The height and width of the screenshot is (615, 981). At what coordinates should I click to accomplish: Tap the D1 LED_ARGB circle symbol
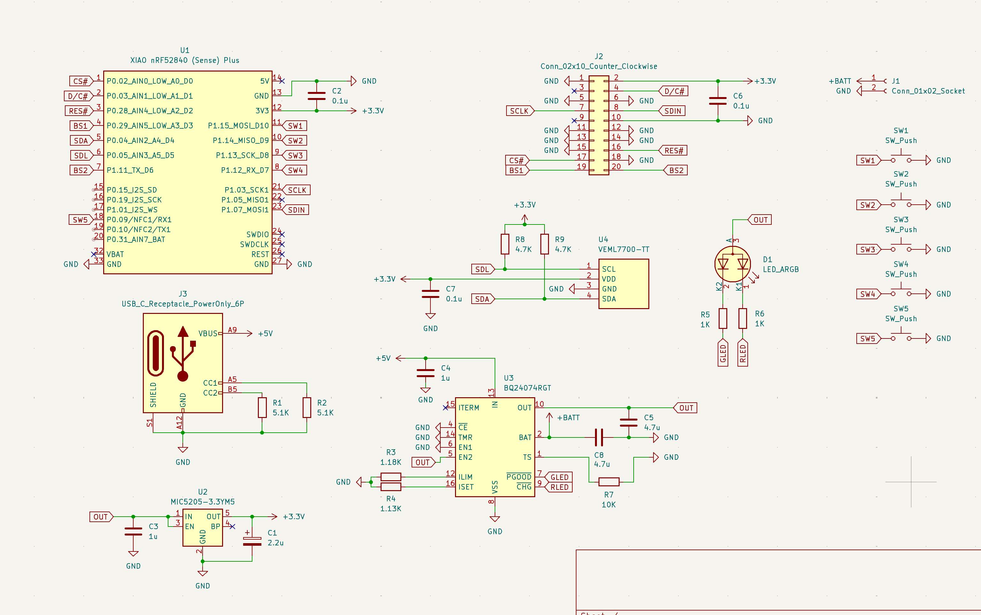pos(732,264)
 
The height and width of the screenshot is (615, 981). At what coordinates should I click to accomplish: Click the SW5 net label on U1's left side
pos(80,220)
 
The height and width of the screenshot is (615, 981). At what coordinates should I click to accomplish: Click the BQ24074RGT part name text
pos(527,388)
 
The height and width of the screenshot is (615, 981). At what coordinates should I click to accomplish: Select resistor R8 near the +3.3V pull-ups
pos(505,244)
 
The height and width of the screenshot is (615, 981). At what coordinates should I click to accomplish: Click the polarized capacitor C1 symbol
pos(252,539)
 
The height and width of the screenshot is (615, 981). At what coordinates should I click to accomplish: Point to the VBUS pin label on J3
pos(208,334)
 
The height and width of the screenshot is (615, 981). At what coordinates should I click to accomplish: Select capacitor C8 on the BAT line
pos(599,438)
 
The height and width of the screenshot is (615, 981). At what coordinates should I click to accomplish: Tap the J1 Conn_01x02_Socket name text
pos(928,91)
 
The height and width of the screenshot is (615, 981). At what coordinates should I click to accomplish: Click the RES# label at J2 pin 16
pos(673,150)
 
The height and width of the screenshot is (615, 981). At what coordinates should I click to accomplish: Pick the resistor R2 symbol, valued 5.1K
pos(306,407)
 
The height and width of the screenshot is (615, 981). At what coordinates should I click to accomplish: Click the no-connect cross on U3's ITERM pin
pos(445,407)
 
